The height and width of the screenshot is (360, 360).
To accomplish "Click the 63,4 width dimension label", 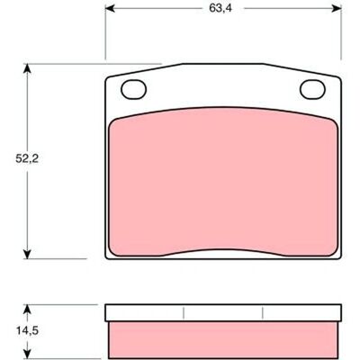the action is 220,8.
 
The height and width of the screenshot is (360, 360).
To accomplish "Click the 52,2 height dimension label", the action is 27,158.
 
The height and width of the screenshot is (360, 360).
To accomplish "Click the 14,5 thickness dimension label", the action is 27,331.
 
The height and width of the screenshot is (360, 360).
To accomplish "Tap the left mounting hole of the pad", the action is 134,89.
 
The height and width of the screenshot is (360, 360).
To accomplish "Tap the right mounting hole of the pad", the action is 312,89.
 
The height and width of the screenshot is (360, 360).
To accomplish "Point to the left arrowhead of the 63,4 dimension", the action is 110,8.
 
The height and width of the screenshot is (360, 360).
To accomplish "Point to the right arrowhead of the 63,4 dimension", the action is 337,8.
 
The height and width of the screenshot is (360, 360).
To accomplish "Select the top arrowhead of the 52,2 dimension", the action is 27,68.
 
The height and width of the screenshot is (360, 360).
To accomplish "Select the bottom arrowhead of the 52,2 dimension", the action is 27,254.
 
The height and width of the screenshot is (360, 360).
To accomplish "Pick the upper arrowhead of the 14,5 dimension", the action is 27,310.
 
